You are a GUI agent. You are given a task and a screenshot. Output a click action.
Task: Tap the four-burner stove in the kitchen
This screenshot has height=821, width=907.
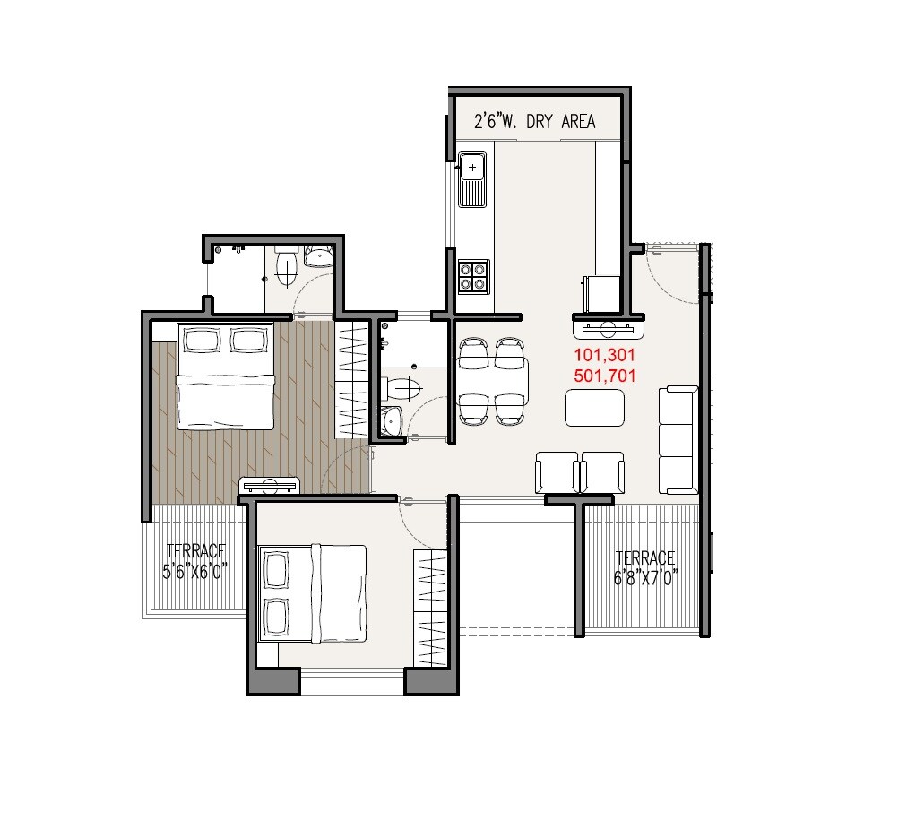pyautogui.click(x=473, y=276)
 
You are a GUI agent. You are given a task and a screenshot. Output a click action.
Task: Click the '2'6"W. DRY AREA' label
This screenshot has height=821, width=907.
pyautogui.click(x=534, y=122)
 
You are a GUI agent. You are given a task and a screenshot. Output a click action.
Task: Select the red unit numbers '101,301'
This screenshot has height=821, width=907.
pyautogui.click(x=604, y=357)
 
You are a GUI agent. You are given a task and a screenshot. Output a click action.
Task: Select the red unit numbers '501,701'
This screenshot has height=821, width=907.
pyautogui.click(x=604, y=376)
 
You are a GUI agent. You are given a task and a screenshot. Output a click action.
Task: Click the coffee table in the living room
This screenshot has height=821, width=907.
pyautogui.click(x=594, y=408)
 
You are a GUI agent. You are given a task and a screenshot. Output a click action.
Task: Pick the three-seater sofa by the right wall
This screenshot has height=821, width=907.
pyautogui.click(x=678, y=439)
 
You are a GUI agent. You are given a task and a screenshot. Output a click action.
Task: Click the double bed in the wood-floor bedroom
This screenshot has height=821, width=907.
pyautogui.click(x=224, y=376)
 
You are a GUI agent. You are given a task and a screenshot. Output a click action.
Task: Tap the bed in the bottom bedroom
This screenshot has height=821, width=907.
pyautogui.click(x=312, y=593)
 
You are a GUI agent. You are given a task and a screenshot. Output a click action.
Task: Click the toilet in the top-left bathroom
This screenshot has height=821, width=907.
pyautogui.click(x=286, y=266)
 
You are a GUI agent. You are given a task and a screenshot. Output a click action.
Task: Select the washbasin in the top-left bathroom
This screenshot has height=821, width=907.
pyautogui.click(x=318, y=258)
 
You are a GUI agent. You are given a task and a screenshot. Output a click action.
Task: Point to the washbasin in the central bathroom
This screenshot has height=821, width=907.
pyautogui.click(x=392, y=421)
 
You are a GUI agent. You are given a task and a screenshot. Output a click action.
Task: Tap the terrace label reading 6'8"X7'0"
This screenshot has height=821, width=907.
pyautogui.click(x=644, y=568)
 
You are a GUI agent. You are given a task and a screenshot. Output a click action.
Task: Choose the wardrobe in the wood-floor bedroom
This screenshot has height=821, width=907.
pyautogui.click(x=352, y=380)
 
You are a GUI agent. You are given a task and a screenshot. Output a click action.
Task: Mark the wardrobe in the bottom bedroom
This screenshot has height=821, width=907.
pyautogui.click(x=431, y=608)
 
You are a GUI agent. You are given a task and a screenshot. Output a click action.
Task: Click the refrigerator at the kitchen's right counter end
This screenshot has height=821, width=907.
pyautogui.click(x=601, y=292)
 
